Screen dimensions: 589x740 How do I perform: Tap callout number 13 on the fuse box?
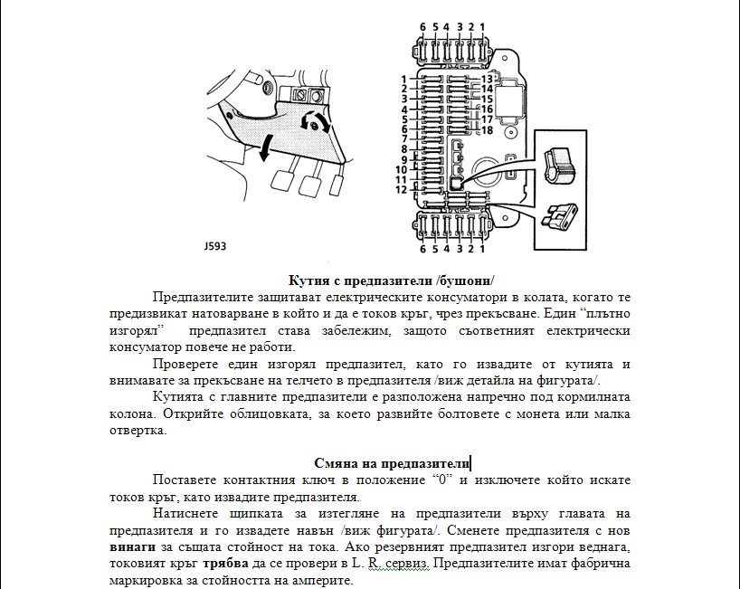[487, 79]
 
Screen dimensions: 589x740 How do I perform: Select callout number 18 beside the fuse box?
[487, 130]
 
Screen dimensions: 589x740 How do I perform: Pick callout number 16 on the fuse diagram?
[487, 109]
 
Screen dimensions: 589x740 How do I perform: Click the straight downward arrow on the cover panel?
[266, 148]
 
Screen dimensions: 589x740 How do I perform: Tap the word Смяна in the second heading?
[337, 463]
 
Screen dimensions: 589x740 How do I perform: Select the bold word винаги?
[129, 547]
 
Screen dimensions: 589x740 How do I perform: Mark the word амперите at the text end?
[309, 580]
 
